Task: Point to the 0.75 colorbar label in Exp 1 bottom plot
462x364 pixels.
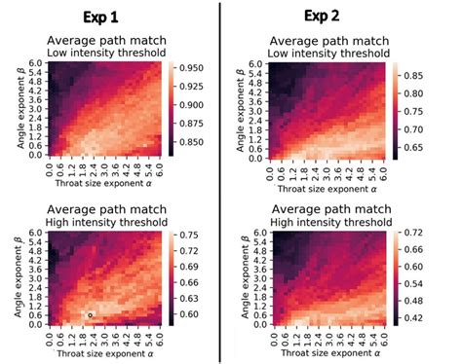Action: click(188, 236)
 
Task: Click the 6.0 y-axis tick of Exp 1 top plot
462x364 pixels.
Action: click(34, 64)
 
